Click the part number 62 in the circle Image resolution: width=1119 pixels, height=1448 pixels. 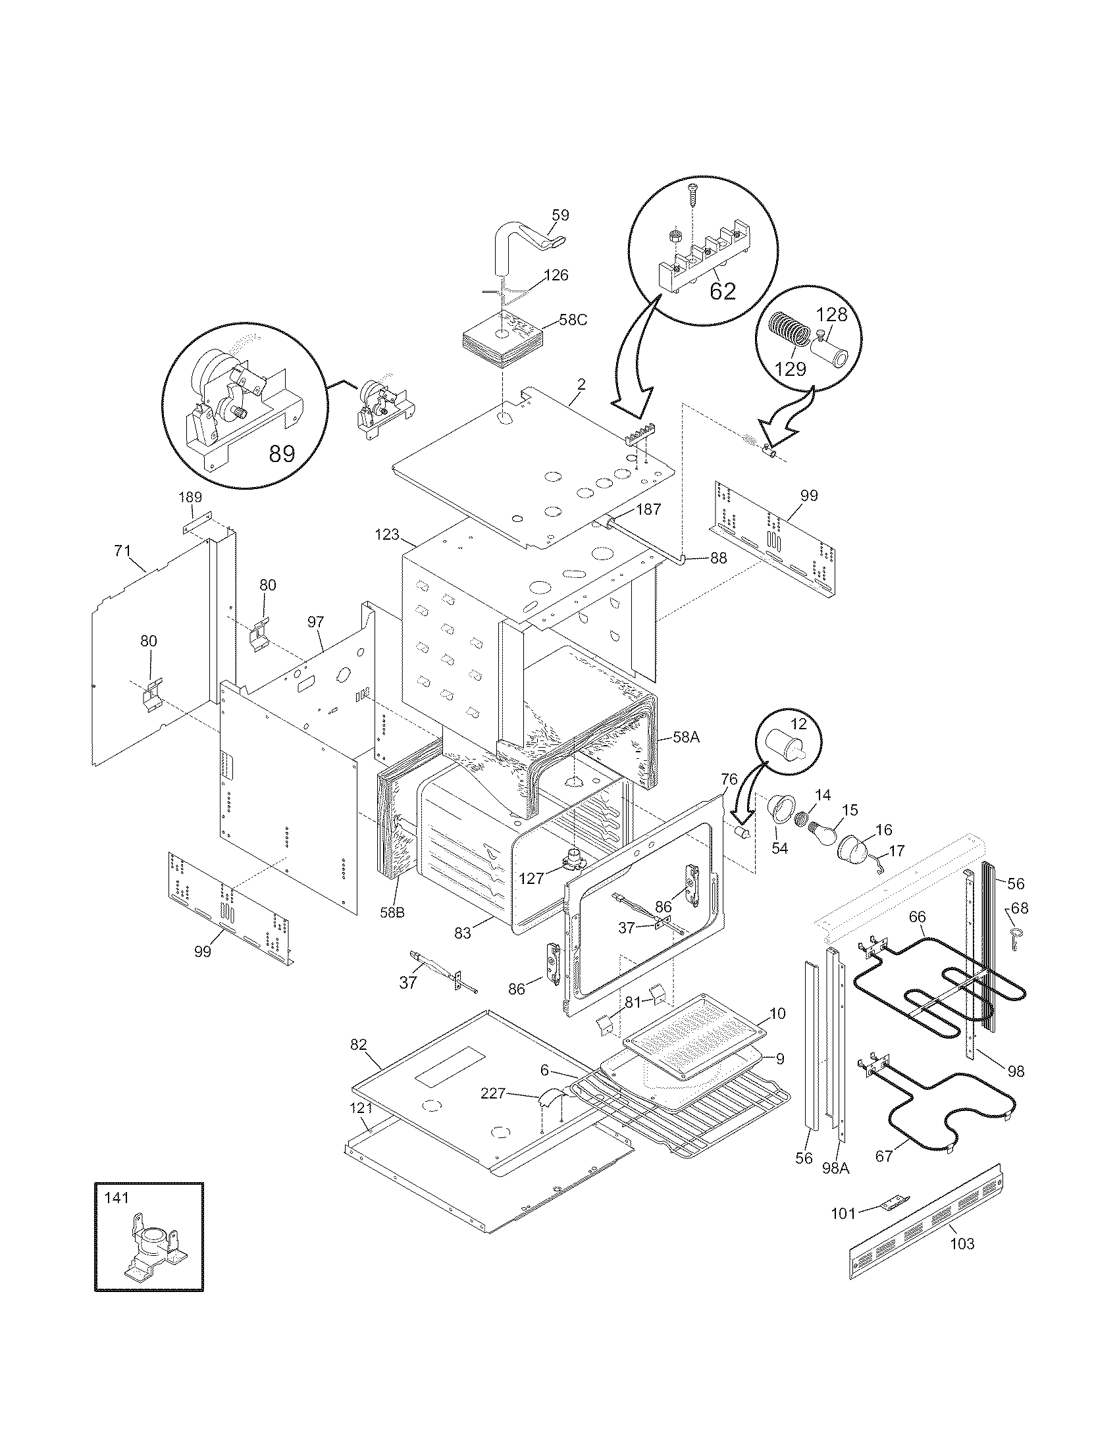[x=722, y=290]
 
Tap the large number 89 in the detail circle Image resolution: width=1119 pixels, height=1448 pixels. [x=282, y=453]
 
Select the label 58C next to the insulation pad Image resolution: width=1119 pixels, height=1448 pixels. [x=573, y=319]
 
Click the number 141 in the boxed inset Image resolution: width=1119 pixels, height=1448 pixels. [x=117, y=1197]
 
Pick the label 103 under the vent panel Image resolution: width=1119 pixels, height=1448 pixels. [x=962, y=1244]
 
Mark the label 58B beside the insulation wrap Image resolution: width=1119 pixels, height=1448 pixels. [x=392, y=912]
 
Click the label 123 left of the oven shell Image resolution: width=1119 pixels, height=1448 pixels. [x=387, y=534]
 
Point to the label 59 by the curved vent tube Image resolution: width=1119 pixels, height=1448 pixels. [x=560, y=215]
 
